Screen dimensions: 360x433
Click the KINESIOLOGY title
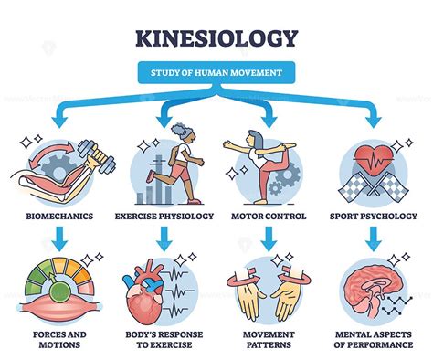pos(216,38)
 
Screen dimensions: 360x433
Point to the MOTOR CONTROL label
pos(268,217)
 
